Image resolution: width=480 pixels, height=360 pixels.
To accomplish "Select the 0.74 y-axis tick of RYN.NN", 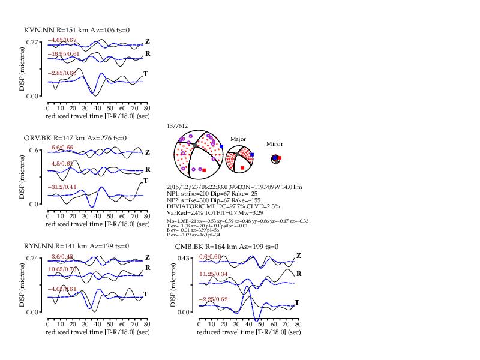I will point(34,258).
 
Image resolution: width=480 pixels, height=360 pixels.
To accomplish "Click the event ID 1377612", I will point(179,126).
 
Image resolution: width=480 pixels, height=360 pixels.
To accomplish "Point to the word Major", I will point(238,139).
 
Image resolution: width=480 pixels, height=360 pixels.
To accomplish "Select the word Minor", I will point(275,144).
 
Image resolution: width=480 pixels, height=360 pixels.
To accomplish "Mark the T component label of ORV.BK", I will point(146,181).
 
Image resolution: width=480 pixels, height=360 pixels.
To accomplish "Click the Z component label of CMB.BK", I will point(298,257).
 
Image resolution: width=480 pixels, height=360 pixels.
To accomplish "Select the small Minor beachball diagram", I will point(275,158).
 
